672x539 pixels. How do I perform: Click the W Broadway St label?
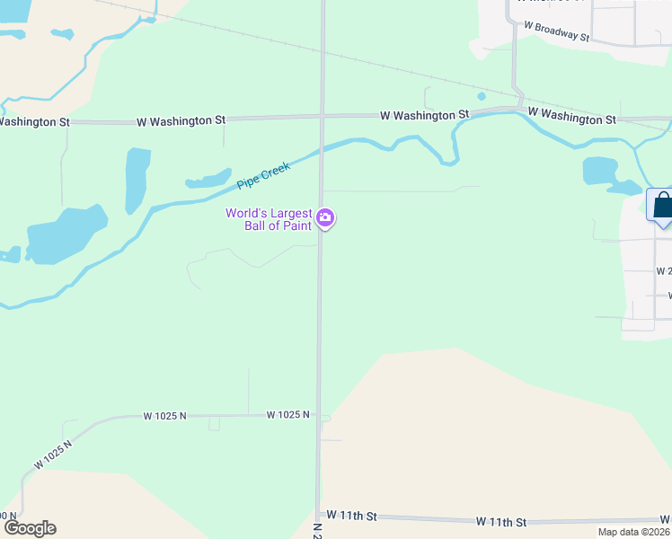pos(556,32)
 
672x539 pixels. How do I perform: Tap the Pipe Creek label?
pos(263,174)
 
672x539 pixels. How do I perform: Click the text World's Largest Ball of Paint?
pos(269,219)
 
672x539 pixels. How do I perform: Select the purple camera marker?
pos(325,217)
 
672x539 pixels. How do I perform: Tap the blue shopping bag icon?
pos(662,205)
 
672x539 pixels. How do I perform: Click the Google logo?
pos(30,528)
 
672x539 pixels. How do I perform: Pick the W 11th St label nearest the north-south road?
pos(351,516)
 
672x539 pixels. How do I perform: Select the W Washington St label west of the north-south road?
pos(181,119)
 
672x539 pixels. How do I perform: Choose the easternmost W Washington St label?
pos(571,118)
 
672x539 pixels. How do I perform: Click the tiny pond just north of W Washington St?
pos(482,96)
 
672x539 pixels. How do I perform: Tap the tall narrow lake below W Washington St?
pos(137,179)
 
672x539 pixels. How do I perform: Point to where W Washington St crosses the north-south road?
pos(322,116)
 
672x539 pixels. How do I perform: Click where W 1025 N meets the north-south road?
pos(320,417)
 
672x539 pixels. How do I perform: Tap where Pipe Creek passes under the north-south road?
pos(322,149)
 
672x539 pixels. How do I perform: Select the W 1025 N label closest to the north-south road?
pos(287,415)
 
